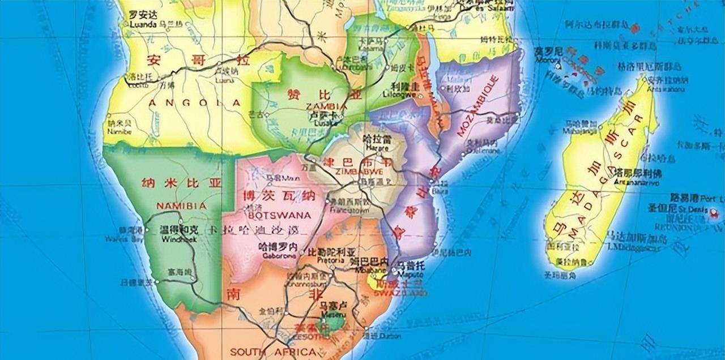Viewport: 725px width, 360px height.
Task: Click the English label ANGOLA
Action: [x=193, y=103]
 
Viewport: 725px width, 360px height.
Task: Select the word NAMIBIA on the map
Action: [x=181, y=205]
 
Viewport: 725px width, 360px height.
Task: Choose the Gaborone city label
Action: [x=277, y=255]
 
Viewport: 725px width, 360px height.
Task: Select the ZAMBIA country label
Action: [x=326, y=106]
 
